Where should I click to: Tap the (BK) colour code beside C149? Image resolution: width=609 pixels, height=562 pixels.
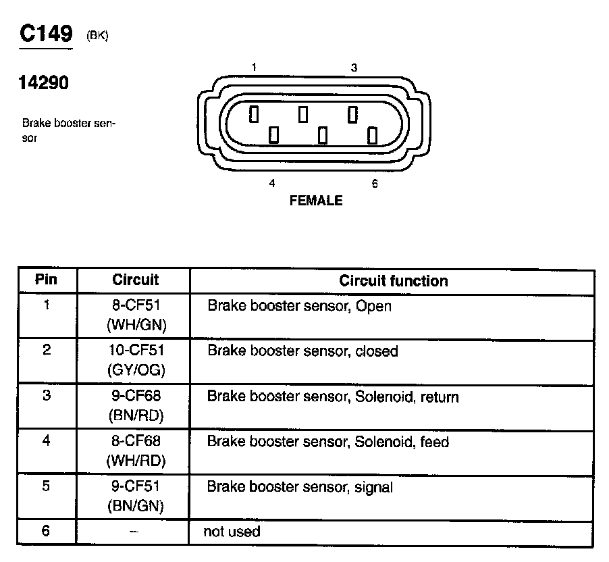[x=97, y=36]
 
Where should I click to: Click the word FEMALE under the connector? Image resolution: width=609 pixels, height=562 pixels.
[x=315, y=201]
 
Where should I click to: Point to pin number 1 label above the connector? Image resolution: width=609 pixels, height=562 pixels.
[x=253, y=68]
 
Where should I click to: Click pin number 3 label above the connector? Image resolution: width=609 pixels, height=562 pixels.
[x=354, y=68]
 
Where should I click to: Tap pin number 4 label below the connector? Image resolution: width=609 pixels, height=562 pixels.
[x=272, y=183]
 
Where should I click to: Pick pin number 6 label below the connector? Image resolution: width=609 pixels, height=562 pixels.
[x=375, y=184]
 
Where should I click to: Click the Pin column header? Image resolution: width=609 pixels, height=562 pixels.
[x=47, y=280]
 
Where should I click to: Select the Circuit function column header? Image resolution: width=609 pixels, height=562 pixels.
[x=393, y=280]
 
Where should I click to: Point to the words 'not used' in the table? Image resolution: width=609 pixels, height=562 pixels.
[x=232, y=532]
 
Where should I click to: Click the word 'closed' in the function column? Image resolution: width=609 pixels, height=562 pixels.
[x=377, y=351]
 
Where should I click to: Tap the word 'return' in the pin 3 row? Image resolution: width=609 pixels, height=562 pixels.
[x=440, y=397]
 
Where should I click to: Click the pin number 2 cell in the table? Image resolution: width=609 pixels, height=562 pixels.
[x=47, y=351]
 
